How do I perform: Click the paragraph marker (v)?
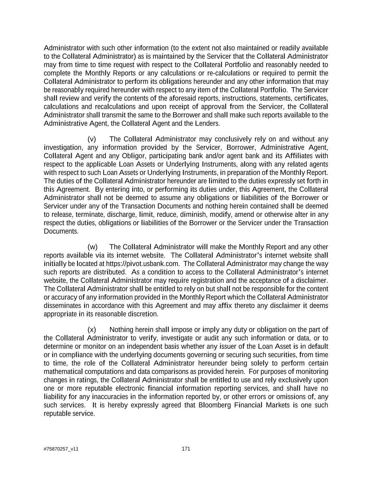(92, 139)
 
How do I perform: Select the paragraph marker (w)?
(92, 247)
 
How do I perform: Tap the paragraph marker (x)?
(92, 330)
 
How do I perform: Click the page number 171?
(186, 449)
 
